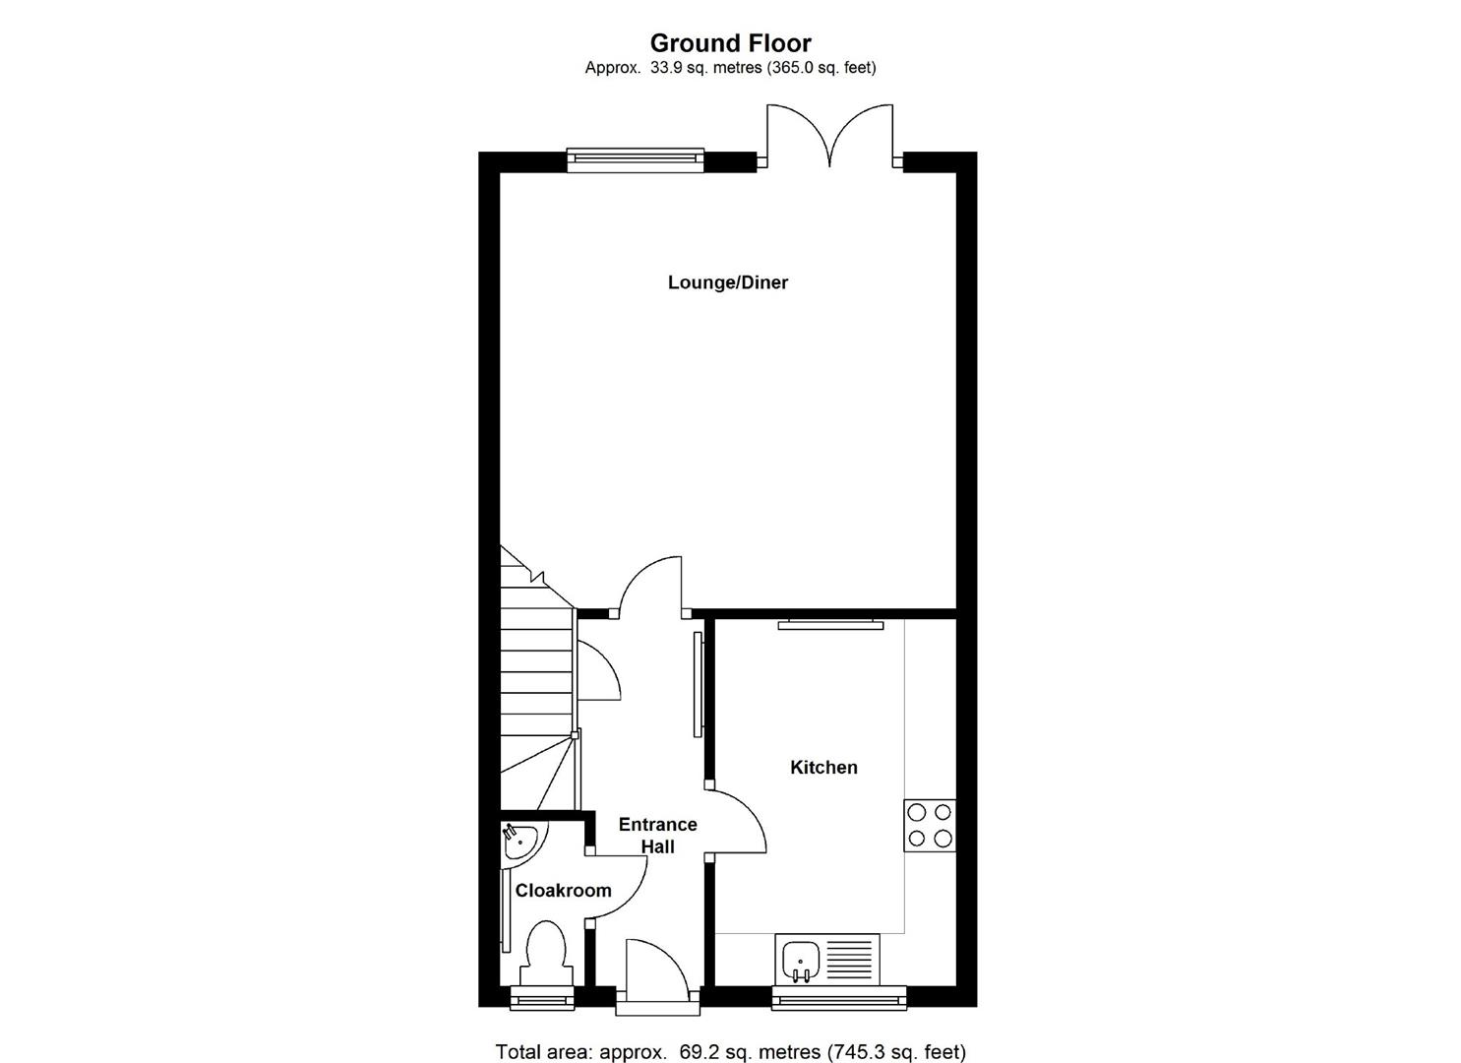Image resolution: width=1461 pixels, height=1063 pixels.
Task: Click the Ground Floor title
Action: point(730,43)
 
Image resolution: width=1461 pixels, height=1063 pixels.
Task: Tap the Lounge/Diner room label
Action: point(728,282)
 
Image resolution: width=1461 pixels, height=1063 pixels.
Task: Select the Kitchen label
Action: point(823,767)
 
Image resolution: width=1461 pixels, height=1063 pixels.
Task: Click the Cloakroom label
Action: point(563,890)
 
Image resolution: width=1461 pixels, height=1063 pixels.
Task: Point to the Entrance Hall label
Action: point(657,835)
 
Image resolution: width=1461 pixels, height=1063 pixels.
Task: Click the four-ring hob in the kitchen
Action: point(929,825)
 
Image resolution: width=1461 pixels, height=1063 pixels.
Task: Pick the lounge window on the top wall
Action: point(636,158)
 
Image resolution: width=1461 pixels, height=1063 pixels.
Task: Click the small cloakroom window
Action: point(542,1000)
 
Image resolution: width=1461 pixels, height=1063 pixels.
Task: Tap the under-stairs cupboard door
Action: point(596,669)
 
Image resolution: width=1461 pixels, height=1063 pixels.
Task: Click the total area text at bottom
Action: point(730,1051)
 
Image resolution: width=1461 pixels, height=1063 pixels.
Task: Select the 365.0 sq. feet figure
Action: point(821,68)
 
